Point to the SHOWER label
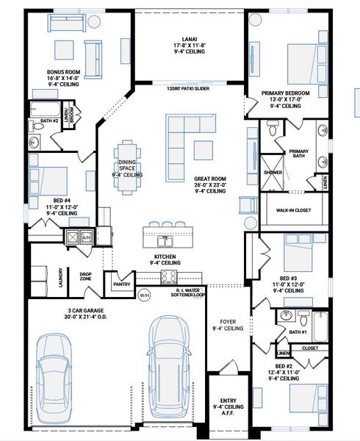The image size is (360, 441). [x=273, y=172]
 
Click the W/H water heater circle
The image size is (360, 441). [x=144, y=295]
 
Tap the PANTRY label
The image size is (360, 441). [x=121, y=283]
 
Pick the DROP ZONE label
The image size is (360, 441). [x=86, y=277]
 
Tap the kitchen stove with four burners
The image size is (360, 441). [x=168, y=277]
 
